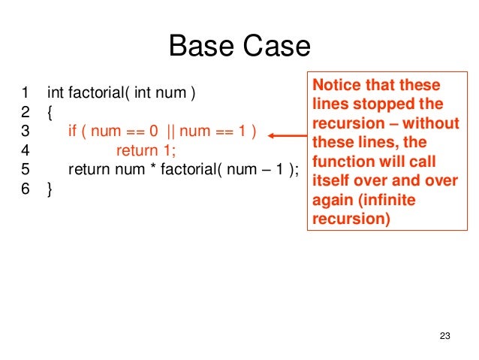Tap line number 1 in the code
point(26,94)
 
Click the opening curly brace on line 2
point(50,113)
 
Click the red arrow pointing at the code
point(286,135)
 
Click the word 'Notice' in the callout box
point(336,86)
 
